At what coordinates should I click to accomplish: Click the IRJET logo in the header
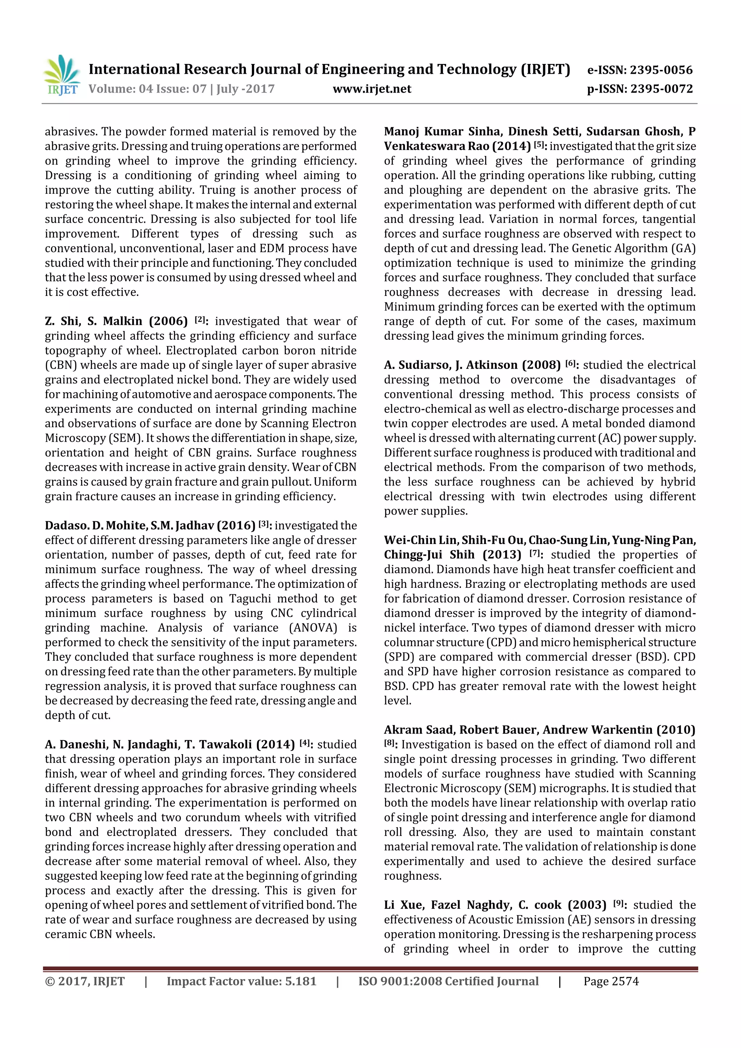coord(62,75)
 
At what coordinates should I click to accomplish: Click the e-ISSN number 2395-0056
coord(661,70)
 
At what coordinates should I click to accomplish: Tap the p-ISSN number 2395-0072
coord(661,89)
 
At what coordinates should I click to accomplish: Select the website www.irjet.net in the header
coord(372,89)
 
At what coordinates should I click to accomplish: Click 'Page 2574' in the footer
coord(611,981)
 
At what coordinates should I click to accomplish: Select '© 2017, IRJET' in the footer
coord(85,981)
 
